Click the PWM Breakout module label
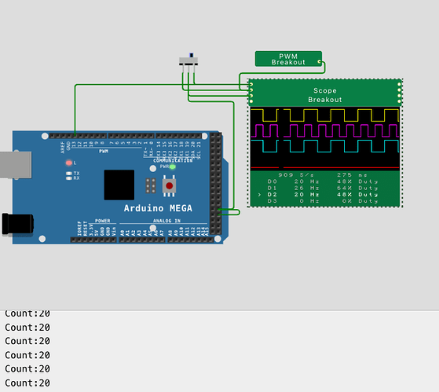(288, 59)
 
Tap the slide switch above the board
(188, 61)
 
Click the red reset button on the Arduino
(169, 186)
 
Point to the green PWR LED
(172, 167)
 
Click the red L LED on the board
(69, 162)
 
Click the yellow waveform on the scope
(324, 115)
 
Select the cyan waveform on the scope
(324, 145)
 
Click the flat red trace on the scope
(324, 167)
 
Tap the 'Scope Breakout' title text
(324, 95)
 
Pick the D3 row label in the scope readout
(272, 201)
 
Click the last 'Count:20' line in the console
(27, 383)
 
